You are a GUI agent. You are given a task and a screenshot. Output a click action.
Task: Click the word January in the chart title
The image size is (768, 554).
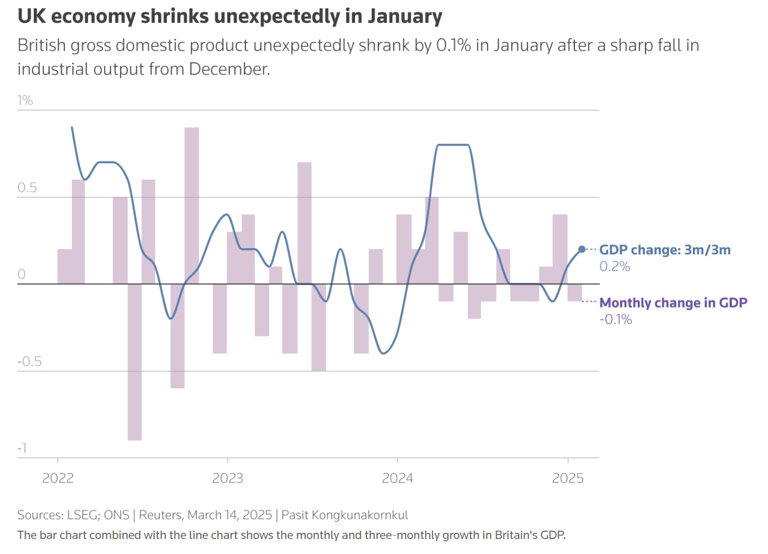point(405,16)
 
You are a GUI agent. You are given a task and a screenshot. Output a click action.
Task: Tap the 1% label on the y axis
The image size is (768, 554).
point(25,101)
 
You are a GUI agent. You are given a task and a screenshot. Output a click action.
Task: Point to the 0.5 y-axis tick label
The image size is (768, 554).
point(27,187)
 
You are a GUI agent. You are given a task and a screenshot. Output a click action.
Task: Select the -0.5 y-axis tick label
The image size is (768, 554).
point(29,362)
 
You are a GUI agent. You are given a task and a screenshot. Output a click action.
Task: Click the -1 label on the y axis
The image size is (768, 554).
point(22,448)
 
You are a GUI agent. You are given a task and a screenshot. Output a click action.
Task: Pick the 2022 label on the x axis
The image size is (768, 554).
point(58,478)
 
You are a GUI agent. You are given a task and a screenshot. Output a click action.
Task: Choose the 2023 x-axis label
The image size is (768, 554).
point(228,478)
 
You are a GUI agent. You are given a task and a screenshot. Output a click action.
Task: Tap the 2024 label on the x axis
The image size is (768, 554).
point(397,478)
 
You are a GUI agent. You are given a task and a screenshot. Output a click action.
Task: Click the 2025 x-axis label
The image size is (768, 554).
point(568,478)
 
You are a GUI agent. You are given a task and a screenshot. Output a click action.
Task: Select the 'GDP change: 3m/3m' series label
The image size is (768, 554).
point(664,250)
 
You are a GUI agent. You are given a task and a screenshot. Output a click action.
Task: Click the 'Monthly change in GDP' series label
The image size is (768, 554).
point(673,303)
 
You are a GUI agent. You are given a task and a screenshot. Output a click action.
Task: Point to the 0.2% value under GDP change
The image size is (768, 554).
point(614,267)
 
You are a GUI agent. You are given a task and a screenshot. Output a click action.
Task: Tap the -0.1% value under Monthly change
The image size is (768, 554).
point(616,320)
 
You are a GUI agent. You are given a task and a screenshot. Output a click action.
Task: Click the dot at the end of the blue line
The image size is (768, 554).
point(582,249)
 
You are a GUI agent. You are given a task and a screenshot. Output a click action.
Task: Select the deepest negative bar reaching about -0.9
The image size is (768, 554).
point(135,362)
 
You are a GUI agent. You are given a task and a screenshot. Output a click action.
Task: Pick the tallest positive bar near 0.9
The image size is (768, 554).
point(191,206)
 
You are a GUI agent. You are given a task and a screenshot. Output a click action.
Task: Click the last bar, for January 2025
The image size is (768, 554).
point(575,293)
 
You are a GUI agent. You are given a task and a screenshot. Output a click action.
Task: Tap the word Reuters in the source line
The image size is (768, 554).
point(160,515)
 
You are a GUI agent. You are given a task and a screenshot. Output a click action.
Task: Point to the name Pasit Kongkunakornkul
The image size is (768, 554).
point(344,515)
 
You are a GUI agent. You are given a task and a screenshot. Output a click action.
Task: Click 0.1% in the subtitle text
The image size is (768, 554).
point(454,46)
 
